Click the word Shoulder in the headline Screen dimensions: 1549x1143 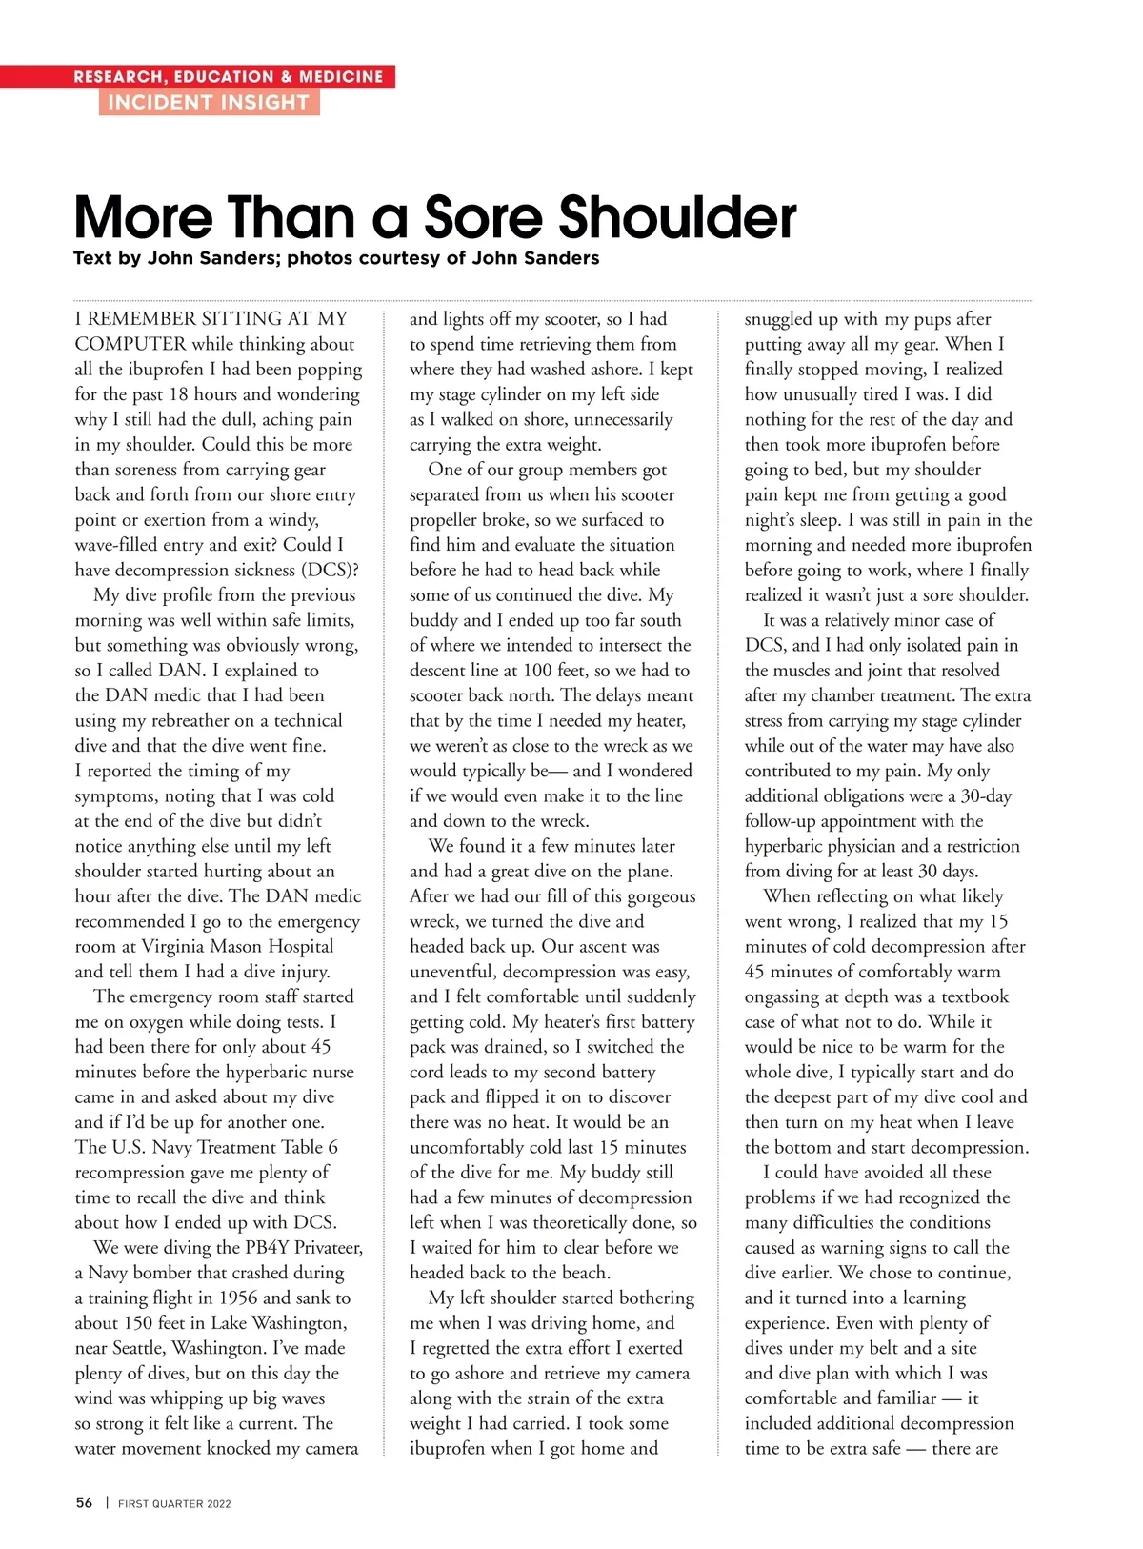[677, 217]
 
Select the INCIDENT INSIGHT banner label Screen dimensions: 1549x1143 [209, 102]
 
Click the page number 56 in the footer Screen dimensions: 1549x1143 [84, 1502]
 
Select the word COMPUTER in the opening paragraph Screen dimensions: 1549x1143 [130, 344]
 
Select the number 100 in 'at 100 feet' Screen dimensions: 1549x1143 [540, 670]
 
